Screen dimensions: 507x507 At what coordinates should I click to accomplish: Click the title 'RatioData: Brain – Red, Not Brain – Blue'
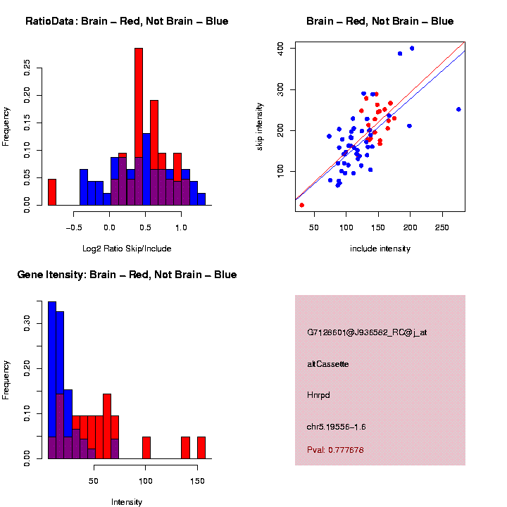[127, 22]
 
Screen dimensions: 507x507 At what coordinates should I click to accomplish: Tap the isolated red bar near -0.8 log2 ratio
[52, 192]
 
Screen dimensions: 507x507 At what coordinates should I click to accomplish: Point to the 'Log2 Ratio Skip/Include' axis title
[127, 249]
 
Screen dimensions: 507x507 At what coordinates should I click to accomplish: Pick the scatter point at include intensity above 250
[458, 109]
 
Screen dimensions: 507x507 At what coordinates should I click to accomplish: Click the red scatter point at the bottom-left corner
[302, 205]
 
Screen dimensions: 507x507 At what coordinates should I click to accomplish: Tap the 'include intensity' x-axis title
[380, 249]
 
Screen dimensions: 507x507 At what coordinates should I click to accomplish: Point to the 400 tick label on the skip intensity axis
[280, 48]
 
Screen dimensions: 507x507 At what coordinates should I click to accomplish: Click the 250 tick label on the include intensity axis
[442, 228]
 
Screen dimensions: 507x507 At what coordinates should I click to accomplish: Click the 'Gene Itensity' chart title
[127, 275]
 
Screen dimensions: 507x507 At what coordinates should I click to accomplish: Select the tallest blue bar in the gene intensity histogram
[52, 380]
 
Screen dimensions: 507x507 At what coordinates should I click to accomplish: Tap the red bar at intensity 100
[146, 448]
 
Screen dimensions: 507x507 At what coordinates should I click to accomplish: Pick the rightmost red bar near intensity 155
[201, 448]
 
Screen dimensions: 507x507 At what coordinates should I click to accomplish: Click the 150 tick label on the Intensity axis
[198, 482]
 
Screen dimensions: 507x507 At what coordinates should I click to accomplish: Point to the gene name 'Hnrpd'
[319, 395]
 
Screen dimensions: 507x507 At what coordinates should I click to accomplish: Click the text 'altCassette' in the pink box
[328, 364]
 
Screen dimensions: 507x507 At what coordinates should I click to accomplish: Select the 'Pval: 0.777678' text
[335, 450]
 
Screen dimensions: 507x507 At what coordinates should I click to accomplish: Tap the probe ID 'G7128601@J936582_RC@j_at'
[367, 332]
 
